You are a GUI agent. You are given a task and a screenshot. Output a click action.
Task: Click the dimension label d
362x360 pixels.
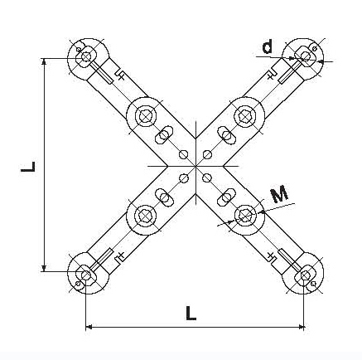268,46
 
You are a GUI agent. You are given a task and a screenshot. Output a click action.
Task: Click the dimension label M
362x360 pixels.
279,194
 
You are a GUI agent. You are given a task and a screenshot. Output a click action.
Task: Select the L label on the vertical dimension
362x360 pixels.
28,167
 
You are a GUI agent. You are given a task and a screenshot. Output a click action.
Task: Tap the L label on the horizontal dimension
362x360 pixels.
191,314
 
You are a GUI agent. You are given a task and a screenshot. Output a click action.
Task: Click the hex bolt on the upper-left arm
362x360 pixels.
145,115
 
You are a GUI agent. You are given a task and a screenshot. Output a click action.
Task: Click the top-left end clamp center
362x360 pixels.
86,57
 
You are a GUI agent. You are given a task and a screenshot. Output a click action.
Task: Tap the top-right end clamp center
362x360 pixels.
305,56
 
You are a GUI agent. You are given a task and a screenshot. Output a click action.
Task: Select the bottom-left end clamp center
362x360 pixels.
86,275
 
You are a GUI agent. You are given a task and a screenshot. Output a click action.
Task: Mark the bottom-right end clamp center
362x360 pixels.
305,275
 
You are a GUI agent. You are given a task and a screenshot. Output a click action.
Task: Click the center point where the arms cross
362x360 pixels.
195,166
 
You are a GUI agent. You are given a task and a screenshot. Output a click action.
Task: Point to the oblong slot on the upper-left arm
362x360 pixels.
164,135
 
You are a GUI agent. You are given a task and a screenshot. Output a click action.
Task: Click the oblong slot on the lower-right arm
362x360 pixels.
226,197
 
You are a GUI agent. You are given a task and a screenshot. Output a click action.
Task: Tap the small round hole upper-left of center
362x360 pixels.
183,154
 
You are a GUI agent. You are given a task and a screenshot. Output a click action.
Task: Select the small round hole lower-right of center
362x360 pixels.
207,178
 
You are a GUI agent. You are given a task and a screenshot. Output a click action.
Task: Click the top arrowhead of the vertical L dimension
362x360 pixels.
44,61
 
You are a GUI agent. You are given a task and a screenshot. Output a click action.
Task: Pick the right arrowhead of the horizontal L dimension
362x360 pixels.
301,328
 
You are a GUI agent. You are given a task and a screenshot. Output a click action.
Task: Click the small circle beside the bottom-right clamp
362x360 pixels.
313,284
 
